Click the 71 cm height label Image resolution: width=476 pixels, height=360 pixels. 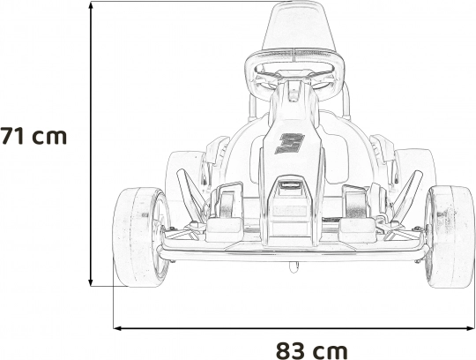(x=33, y=136)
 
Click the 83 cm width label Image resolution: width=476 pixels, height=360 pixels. (x=311, y=351)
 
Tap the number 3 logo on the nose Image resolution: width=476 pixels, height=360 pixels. (x=289, y=144)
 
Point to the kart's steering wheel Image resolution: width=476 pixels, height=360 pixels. (x=294, y=77)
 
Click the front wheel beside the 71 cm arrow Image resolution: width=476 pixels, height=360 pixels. (x=141, y=237)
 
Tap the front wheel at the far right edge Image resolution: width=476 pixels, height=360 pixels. (x=450, y=237)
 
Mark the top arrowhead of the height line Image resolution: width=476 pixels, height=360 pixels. (x=91, y=5)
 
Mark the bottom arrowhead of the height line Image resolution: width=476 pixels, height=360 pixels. (x=91, y=282)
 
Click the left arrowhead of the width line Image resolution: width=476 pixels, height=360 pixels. (x=118, y=328)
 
